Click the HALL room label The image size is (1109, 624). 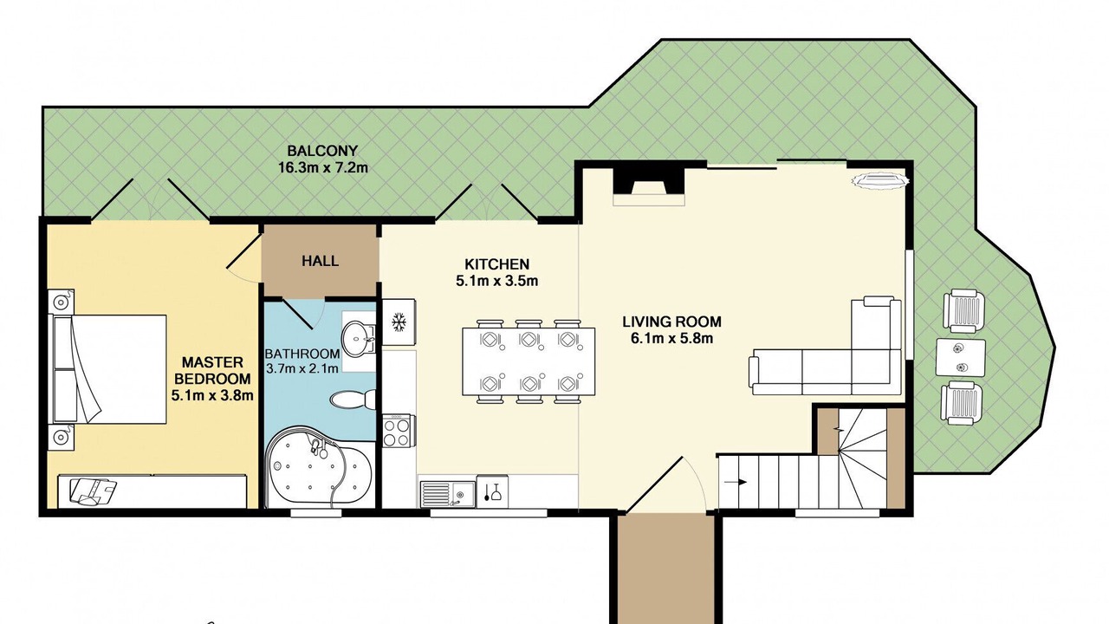(x=321, y=261)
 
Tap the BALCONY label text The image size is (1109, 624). (x=322, y=150)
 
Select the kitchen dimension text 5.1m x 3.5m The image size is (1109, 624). (x=496, y=282)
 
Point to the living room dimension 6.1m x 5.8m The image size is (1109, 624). (x=671, y=339)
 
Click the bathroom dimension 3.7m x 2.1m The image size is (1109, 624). (x=302, y=368)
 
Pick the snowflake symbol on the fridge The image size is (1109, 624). (x=399, y=322)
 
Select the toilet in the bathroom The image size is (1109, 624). (x=353, y=400)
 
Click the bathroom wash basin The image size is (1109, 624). (x=359, y=339)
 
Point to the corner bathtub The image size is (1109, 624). (x=319, y=466)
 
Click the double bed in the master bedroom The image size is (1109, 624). (x=108, y=369)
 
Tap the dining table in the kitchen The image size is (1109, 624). (x=529, y=361)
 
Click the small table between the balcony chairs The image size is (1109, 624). (x=960, y=358)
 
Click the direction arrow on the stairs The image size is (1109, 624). (x=736, y=482)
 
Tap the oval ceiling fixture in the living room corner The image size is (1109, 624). (x=880, y=179)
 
